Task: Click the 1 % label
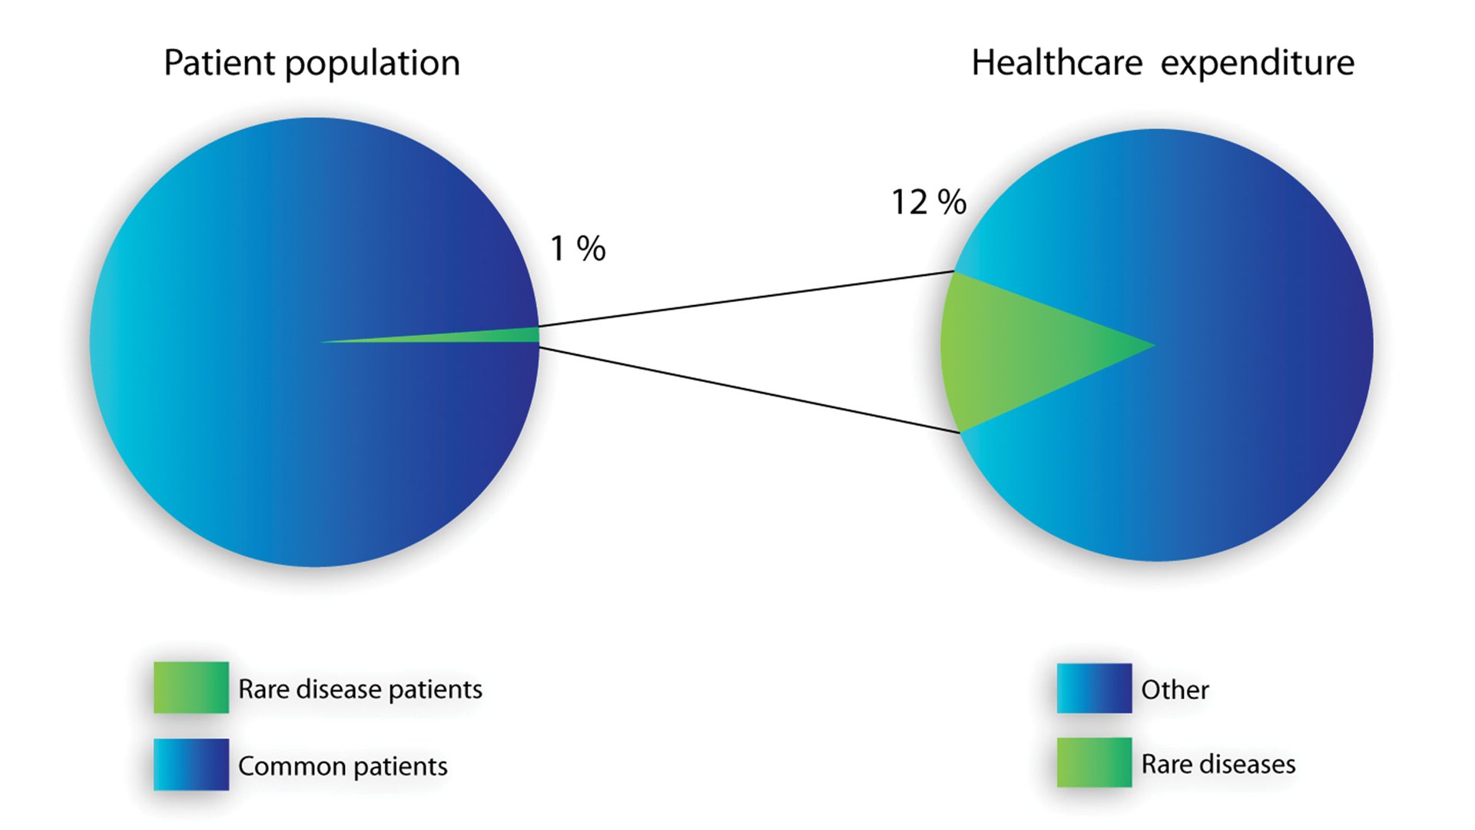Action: click(578, 248)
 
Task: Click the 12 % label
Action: click(928, 202)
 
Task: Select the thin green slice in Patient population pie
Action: click(492, 336)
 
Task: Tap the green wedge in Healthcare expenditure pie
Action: click(1014, 350)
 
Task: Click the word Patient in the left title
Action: click(219, 63)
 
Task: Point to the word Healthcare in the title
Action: click(1057, 63)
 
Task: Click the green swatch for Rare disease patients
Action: click(191, 687)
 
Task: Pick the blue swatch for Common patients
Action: click(191, 764)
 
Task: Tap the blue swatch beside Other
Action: click(1094, 688)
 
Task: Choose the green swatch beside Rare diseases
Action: click(1094, 762)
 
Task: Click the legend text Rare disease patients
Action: click(360, 689)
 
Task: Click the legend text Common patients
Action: click(343, 766)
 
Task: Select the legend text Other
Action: click(1175, 689)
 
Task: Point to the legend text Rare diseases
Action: click(1218, 765)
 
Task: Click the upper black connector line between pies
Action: click(745, 299)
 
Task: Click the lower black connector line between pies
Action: click(749, 390)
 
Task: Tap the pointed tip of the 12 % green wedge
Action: click(1152, 346)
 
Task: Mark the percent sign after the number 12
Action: click(952, 202)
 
